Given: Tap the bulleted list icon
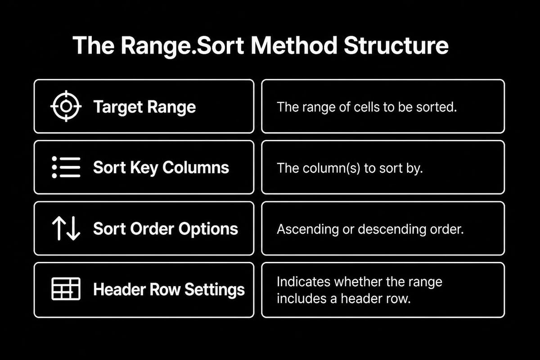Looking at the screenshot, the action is click(x=66, y=167).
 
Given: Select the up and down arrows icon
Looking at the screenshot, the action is click(x=66, y=228).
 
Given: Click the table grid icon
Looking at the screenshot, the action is click(x=66, y=289).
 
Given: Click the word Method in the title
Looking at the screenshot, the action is click(x=294, y=45).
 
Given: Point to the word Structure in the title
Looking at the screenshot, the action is click(x=396, y=45).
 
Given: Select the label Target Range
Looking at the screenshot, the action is click(x=144, y=107).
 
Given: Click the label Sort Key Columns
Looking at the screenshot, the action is click(x=161, y=167).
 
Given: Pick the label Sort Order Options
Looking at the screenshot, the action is click(x=166, y=229).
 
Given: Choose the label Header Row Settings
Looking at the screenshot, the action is click(x=169, y=290).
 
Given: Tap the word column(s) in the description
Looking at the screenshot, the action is click(x=332, y=168).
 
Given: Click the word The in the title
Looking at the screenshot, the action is click(x=94, y=45).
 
